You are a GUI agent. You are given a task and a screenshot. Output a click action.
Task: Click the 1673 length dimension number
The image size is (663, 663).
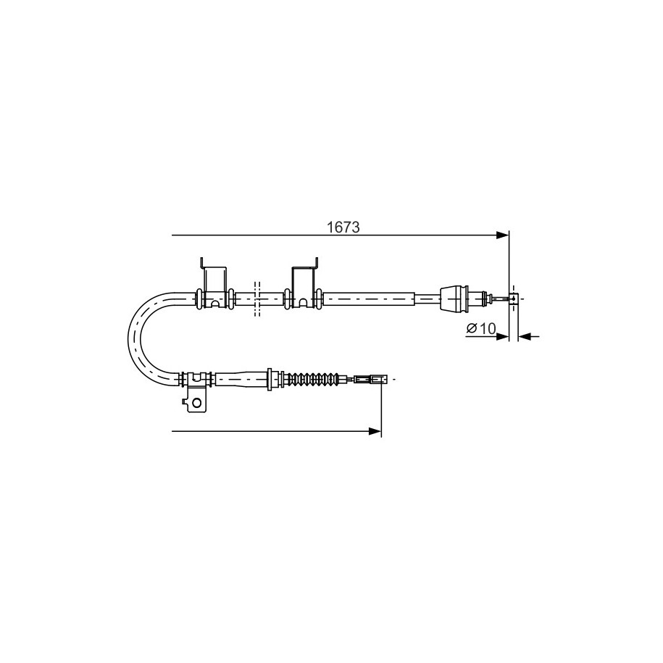(x=343, y=228)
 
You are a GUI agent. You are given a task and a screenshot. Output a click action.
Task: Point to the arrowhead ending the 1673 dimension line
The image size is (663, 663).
(x=503, y=235)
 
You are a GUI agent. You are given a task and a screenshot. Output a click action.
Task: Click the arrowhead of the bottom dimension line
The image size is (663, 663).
(x=375, y=431)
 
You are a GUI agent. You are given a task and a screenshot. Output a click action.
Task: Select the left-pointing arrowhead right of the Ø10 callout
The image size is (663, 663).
(x=525, y=337)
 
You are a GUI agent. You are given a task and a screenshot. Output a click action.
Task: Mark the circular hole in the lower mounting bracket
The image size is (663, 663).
(x=196, y=402)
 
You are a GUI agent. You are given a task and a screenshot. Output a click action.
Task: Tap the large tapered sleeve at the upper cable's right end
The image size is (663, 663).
(x=454, y=299)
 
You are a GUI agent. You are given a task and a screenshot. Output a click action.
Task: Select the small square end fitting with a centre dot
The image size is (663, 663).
(x=513, y=299)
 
